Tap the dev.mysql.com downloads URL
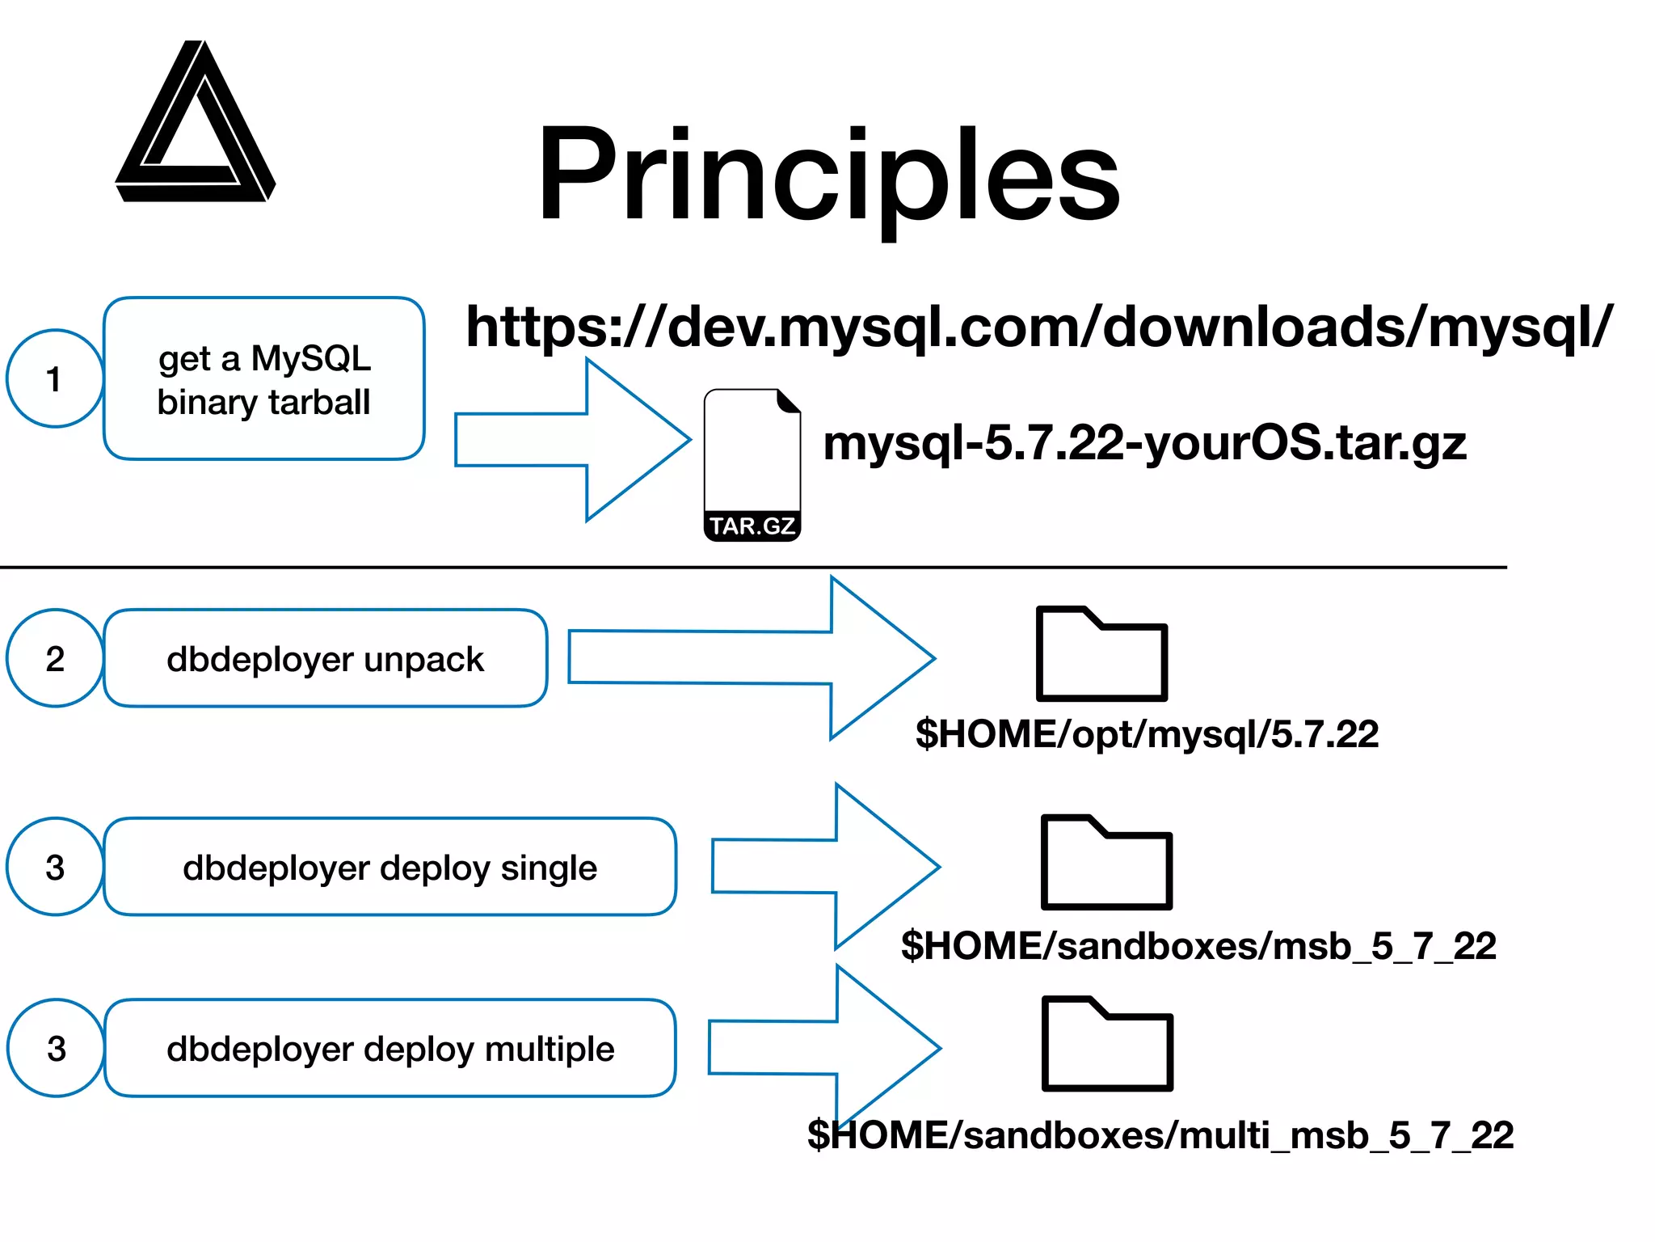1039,327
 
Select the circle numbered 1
55,378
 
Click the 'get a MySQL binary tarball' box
264,379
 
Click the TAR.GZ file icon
752,465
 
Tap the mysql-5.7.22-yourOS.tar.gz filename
1144,443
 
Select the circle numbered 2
55,658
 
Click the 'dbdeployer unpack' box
326,658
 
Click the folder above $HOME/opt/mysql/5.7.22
1101,654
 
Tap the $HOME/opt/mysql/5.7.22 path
1147,734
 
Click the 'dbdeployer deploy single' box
390,867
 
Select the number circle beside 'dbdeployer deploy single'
55,867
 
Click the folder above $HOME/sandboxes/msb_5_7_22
1106,863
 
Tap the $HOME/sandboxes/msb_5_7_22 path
1198,946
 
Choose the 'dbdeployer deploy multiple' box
390,1048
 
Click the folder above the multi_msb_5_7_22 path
1107,1044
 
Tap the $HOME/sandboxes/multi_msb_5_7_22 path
1160,1135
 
